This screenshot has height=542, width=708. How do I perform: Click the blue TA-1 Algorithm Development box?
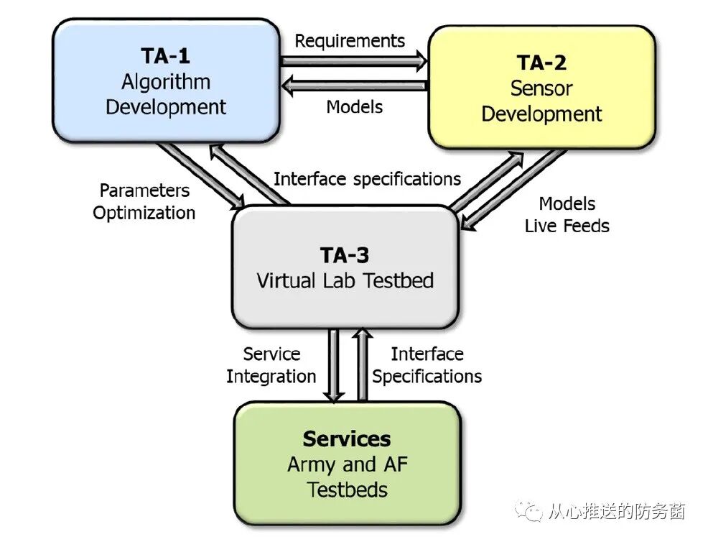pyautogui.click(x=166, y=81)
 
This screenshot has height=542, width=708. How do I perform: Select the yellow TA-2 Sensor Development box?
pyautogui.click(x=541, y=87)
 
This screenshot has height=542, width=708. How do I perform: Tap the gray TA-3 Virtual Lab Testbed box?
pyautogui.click(x=345, y=267)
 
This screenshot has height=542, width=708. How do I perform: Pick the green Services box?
pyautogui.click(x=347, y=463)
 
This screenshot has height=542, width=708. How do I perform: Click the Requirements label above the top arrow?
pyautogui.click(x=350, y=41)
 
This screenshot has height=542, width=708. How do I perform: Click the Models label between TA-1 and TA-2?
pyautogui.click(x=354, y=108)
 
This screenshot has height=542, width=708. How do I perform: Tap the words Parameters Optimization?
pyautogui.click(x=144, y=202)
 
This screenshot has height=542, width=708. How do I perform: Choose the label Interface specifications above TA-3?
pyautogui.click(x=367, y=178)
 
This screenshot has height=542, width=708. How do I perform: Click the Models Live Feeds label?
pyautogui.click(x=567, y=215)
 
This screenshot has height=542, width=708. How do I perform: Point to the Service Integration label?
pyautogui.click(x=271, y=365)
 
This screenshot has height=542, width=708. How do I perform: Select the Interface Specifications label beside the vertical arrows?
pyautogui.click(x=427, y=365)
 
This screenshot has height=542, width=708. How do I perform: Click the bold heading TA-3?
pyautogui.click(x=345, y=255)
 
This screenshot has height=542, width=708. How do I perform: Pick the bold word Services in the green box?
pyautogui.click(x=347, y=439)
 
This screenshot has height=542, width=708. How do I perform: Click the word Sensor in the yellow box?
pyautogui.click(x=541, y=88)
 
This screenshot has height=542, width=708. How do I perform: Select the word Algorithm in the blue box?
pyautogui.click(x=166, y=82)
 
